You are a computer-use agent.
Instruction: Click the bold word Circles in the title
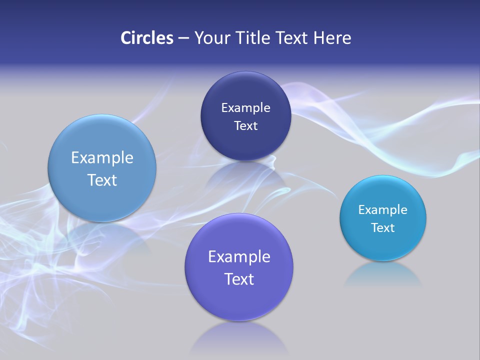coord(146,37)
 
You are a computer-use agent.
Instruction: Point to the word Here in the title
coord(332,37)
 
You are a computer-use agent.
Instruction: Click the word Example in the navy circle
coord(245,108)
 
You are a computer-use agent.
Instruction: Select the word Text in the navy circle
coord(245,125)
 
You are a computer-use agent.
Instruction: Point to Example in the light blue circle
coord(102,158)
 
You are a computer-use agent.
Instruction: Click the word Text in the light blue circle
coord(102,180)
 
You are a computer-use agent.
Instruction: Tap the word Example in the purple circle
coord(239,257)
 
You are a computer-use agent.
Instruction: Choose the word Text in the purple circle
coord(239,279)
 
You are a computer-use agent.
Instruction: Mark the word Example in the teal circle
coord(383,210)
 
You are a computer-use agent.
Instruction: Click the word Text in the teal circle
coord(383,228)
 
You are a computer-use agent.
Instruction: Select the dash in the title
coord(183,38)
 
